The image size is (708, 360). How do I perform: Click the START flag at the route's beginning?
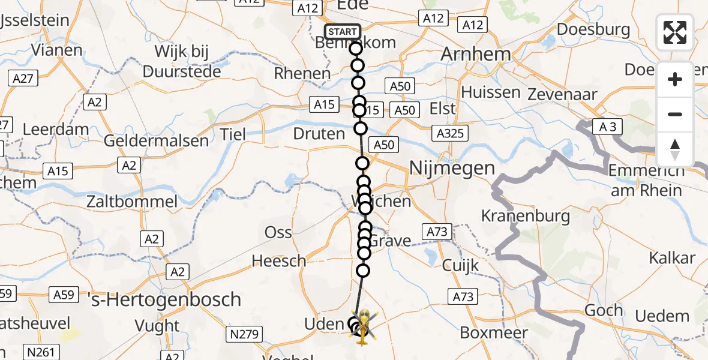(x=343, y=32)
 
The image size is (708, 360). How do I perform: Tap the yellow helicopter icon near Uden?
(x=364, y=327)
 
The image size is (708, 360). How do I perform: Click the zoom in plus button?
(x=675, y=79)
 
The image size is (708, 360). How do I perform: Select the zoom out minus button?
(x=675, y=114)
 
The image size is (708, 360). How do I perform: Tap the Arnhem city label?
(x=476, y=54)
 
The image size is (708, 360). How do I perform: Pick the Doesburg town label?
(x=593, y=29)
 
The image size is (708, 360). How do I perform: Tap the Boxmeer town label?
(x=494, y=332)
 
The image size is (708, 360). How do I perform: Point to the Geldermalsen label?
(x=157, y=142)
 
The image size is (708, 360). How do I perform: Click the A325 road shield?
(x=451, y=133)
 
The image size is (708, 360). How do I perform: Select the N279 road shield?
(x=243, y=333)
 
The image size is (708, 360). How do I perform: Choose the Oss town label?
(x=278, y=233)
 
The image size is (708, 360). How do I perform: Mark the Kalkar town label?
(x=672, y=259)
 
